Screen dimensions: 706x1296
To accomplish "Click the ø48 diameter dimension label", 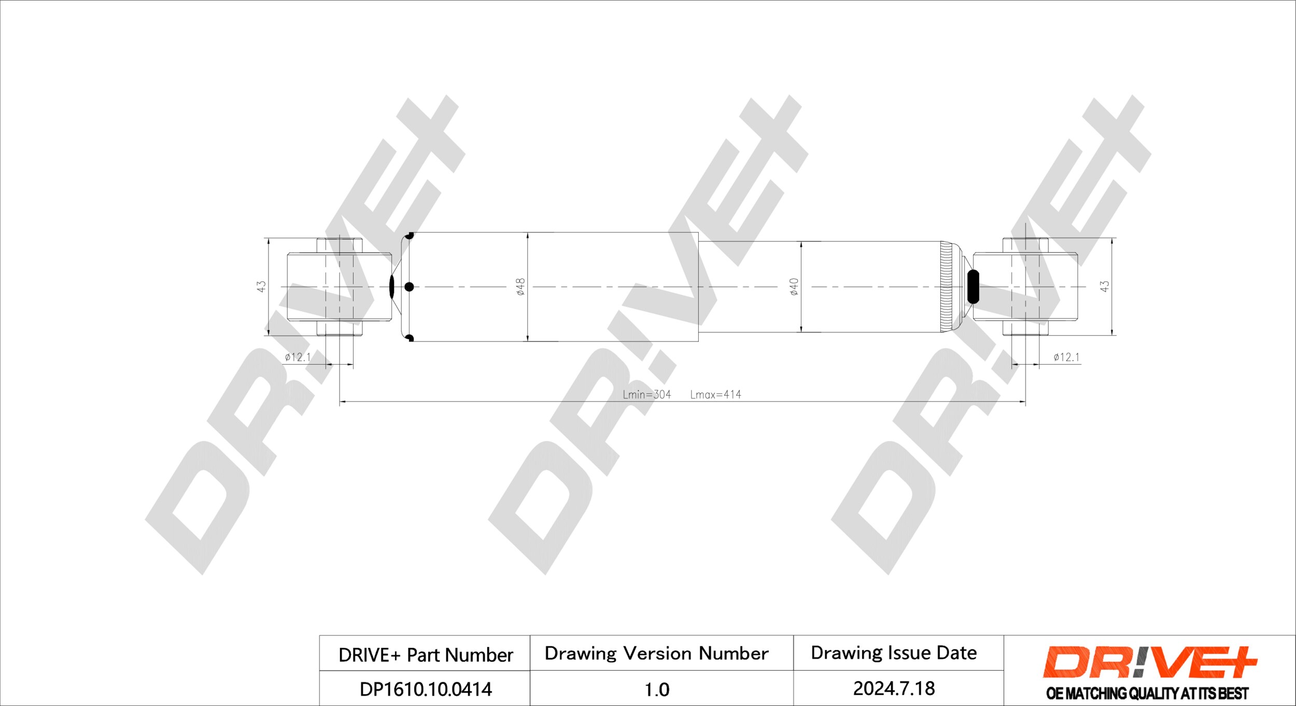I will coord(521,287).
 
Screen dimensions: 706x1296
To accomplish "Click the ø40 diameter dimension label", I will coord(794,287).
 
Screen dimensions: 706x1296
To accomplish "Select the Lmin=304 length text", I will coord(646,395).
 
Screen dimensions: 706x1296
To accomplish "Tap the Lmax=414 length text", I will coord(715,395).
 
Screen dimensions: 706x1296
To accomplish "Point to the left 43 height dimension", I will coord(262,286).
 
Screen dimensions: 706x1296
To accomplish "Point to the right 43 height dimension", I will coord(1104,286).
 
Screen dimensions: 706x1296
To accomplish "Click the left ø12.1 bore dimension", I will coord(298,357).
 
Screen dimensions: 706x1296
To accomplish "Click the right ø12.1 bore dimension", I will coord(1066,357).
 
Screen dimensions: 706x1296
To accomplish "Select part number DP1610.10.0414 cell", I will coord(426,689).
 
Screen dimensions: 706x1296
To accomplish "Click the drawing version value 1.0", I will coord(657,690).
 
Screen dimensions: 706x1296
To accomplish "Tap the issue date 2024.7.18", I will coord(894,689).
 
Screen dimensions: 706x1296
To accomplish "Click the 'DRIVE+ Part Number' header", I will coord(426,655).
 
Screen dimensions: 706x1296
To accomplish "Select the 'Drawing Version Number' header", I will coord(656,654).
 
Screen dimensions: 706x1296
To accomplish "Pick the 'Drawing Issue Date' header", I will coord(894,653).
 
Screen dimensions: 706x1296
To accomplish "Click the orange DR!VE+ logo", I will coord(1150,662).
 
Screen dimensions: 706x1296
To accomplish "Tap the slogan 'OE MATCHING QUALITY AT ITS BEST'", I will coord(1147,694).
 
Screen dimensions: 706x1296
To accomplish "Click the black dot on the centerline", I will coord(409,286).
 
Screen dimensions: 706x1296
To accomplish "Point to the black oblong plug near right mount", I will coord(973,286).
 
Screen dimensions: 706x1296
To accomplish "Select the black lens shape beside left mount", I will coord(392,286).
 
